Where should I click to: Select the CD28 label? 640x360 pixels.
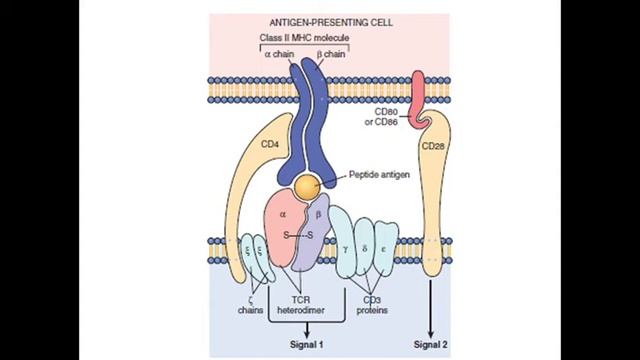(x=435, y=146)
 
